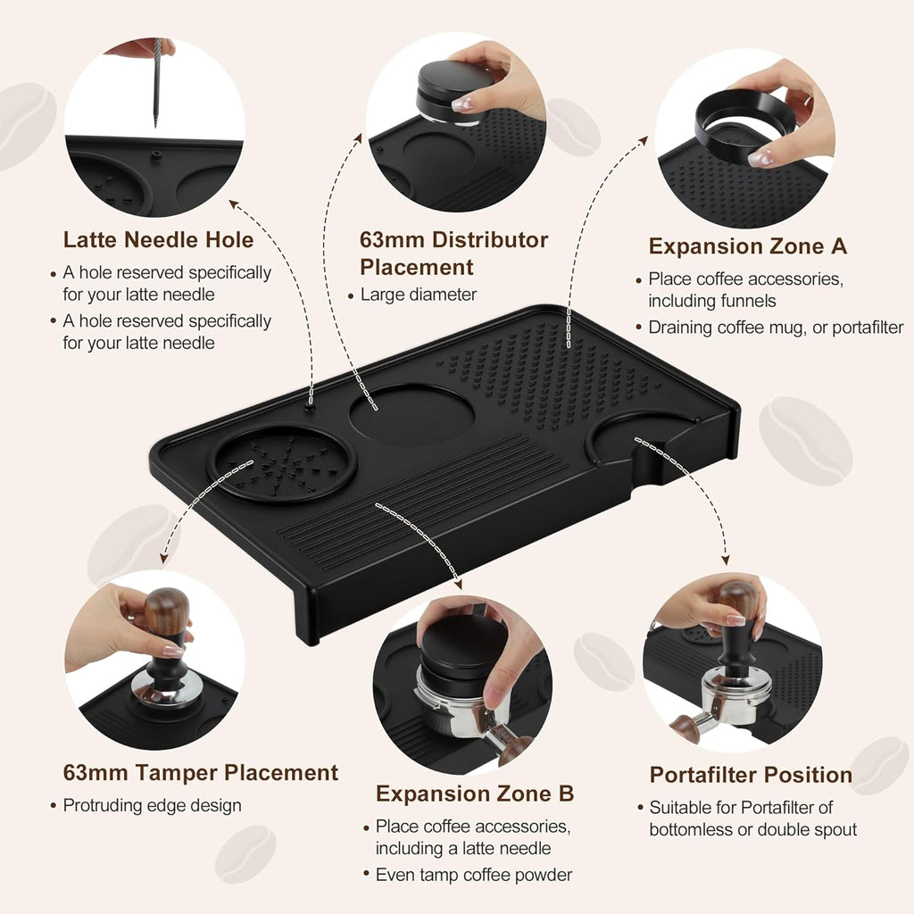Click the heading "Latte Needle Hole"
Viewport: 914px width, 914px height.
[x=158, y=240]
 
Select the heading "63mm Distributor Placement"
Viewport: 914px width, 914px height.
[x=453, y=253]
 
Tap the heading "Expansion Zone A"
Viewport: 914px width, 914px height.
[x=748, y=246]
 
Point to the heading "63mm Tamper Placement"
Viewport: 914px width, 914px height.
[x=200, y=773]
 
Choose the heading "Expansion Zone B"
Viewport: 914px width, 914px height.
[x=475, y=794]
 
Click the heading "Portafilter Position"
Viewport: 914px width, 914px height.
[x=751, y=775]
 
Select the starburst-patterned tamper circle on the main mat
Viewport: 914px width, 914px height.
[x=282, y=462]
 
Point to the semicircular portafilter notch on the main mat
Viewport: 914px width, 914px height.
[x=638, y=440]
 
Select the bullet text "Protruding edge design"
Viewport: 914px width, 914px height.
[x=152, y=805]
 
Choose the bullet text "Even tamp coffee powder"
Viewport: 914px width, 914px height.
[x=473, y=875]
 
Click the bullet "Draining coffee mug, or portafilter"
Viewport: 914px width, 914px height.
[x=775, y=328]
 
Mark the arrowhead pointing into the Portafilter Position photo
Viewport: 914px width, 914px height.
[x=726, y=560]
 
